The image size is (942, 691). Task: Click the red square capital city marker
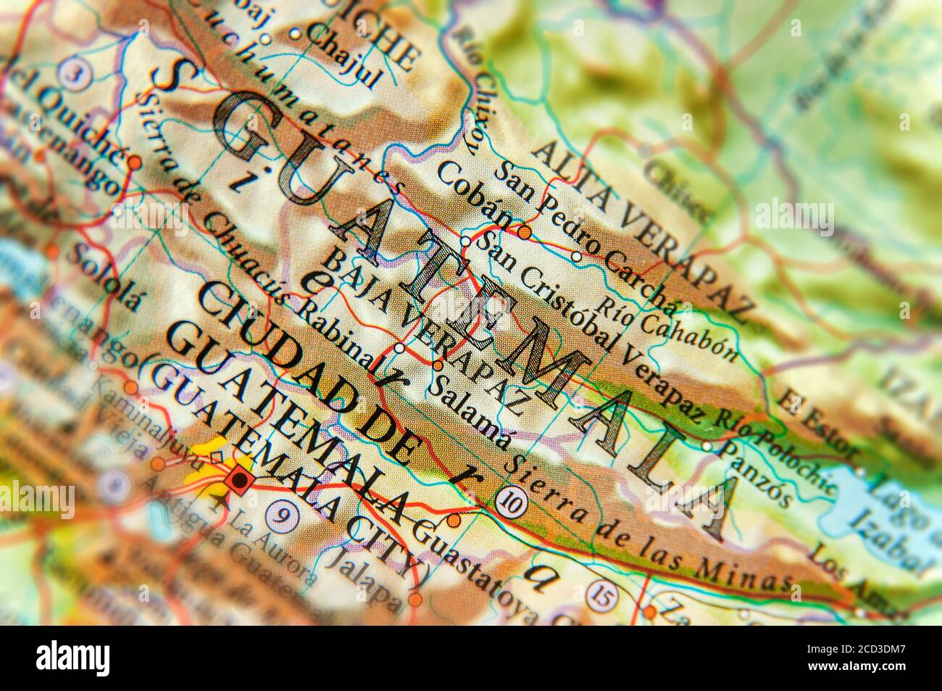[x=237, y=479]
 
